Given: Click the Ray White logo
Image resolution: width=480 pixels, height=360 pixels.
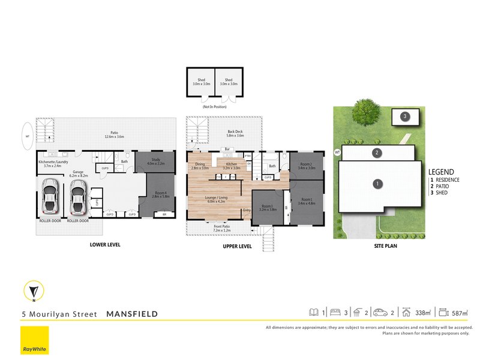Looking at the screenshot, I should pyautogui.click(x=34, y=341).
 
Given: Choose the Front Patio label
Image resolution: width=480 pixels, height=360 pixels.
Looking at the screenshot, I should pyautogui.click(x=221, y=228).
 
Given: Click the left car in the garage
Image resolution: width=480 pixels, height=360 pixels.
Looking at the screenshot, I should pyautogui.click(x=50, y=199).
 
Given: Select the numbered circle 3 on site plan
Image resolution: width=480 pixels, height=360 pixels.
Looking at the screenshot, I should pyautogui.click(x=405, y=116).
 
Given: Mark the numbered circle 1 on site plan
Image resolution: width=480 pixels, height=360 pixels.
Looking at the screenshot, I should pyautogui.click(x=377, y=184).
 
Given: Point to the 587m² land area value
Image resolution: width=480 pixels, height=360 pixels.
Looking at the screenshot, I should pyautogui.click(x=458, y=313).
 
